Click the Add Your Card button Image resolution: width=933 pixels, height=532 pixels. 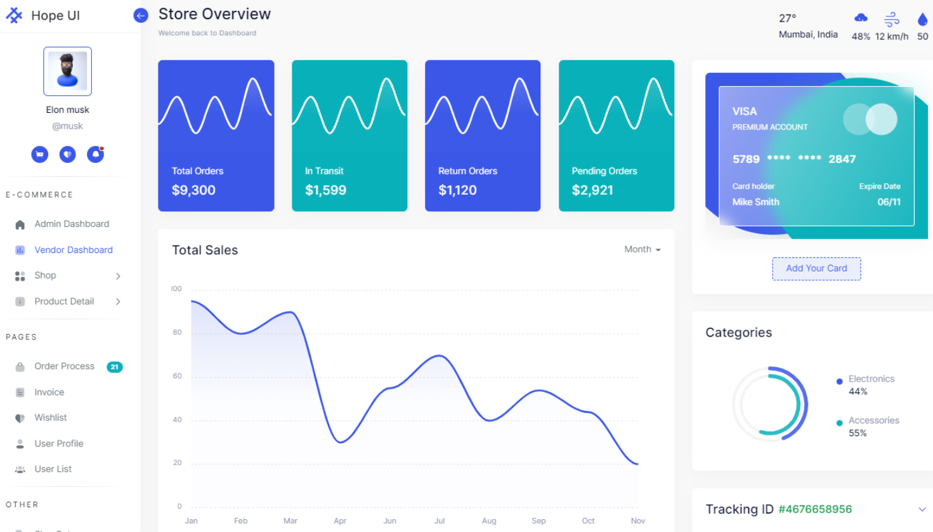pyautogui.click(x=816, y=269)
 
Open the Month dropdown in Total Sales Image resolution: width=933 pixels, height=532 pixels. pyautogui.click(x=642, y=250)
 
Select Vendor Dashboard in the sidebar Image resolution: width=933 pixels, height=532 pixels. pyautogui.click(x=74, y=250)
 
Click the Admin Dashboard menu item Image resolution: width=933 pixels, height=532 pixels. pyautogui.click(x=72, y=224)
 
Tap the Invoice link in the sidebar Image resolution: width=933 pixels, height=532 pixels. pyautogui.click(x=49, y=393)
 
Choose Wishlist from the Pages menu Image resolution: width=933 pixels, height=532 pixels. pyautogui.click(x=51, y=418)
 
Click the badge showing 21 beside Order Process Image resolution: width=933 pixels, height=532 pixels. pyautogui.click(x=115, y=367)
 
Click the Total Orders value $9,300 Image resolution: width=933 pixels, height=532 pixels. pyautogui.click(x=193, y=190)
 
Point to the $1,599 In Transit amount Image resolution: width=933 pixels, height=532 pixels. pyautogui.click(x=325, y=190)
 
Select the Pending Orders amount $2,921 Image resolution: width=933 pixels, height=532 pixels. pyautogui.click(x=592, y=190)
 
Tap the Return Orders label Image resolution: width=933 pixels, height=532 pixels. pyautogui.click(x=467, y=171)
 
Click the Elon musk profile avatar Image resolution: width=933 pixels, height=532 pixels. pyautogui.click(x=68, y=71)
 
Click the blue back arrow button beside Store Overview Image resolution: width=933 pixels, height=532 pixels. pyautogui.click(x=141, y=16)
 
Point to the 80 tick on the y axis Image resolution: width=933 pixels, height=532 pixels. pyautogui.click(x=178, y=332)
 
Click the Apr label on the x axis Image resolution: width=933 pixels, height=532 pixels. pyautogui.click(x=340, y=521)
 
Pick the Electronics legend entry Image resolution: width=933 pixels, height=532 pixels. pyautogui.click(x=871, y=379)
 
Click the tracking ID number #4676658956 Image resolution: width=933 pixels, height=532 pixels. pyautogui.click(x=815, y=509)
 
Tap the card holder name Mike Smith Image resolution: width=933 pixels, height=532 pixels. pyautogui.click(x=755, y=202)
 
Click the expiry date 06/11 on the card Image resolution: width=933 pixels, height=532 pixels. pyautogui.click(x=889, y=202)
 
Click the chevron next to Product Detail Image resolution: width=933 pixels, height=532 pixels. pyautogui.click(x=118, y=302)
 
